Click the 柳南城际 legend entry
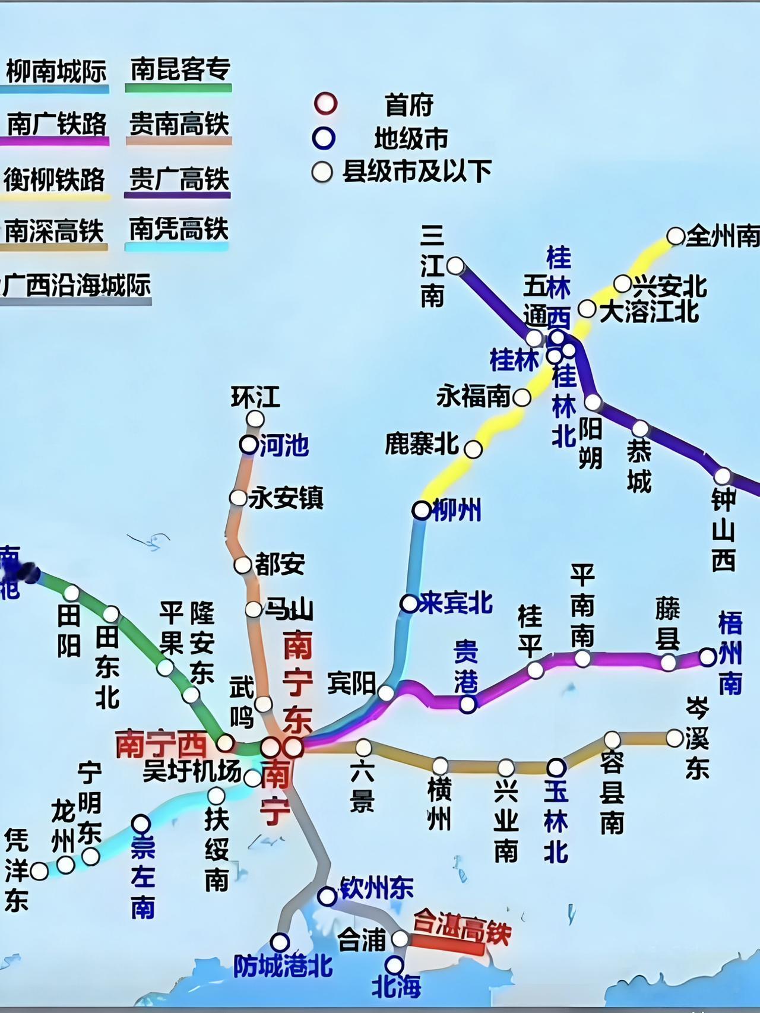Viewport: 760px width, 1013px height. [x=56, y=72]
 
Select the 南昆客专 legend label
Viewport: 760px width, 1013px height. [x=180, y=70]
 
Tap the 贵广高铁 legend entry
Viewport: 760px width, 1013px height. [x=179, y=179]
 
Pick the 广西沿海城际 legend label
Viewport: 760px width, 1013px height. [x=77, y=286]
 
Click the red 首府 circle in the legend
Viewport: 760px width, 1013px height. [x=325, y=104]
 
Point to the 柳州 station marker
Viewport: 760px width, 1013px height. [x=422, y=509]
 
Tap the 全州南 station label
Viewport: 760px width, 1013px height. [x=722, y=237]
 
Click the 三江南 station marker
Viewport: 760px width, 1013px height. [x=455, y=265]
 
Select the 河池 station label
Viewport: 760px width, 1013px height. [x=284, y=445]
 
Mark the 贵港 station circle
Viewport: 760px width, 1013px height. [x=468, y=704]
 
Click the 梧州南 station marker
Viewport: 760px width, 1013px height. [x=707, y=657]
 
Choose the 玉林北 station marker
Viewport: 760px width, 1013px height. [x=556, y=767]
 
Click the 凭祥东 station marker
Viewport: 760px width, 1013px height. [x=39, y=871]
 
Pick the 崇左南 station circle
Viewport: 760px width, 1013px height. [x=141, y=824]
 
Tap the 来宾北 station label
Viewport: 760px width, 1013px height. [x=455, y=603]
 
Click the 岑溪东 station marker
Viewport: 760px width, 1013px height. [x=674, y=738]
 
